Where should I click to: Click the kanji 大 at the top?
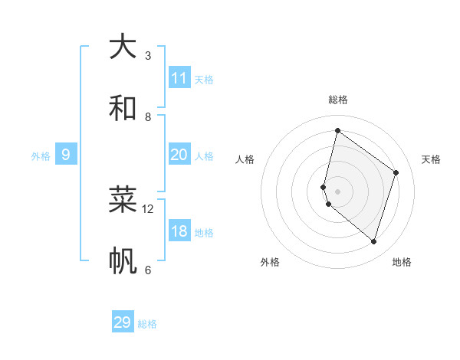tap(123, 47)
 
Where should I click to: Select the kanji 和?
tap(123, 108)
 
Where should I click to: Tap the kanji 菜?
tap(123, 199)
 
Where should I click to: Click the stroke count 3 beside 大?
tap(148, 56)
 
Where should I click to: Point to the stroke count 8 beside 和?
tap(148, 116)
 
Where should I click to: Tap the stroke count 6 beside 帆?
tap(148, 270)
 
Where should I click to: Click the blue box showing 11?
tap(179, 78)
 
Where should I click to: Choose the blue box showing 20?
tap(179, 155)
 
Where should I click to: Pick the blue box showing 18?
tap(179, 231)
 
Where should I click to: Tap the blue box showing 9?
tap(66, 155)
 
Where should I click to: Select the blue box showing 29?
tap(122, 322)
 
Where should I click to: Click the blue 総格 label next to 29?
tap(147, 324)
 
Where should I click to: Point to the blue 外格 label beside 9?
tap(41, 156)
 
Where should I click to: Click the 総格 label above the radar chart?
tap(338, 100)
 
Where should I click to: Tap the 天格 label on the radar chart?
tap(431, 159)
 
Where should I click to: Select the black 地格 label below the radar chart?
tap(402, 262)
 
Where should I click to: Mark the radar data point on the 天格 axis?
tap(396, 172)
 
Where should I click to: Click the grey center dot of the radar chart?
tap(337, 191)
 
